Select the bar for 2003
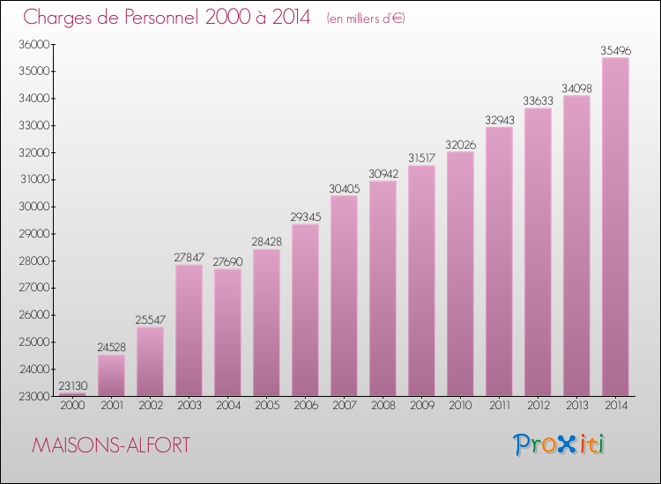tap(189, 330)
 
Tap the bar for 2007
tap(344, 296)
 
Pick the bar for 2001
tap(111, 375)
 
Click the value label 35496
tap(615, 51)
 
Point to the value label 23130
tap(72, 386)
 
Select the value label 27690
tap(227, 262)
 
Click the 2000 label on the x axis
tap(72, 406)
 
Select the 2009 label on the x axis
tap(421, 406)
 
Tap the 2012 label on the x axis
tap(538, 406)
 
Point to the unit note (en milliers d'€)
tap(365, 18)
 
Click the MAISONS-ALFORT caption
tap(109, 446)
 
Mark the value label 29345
tap(305, 217)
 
